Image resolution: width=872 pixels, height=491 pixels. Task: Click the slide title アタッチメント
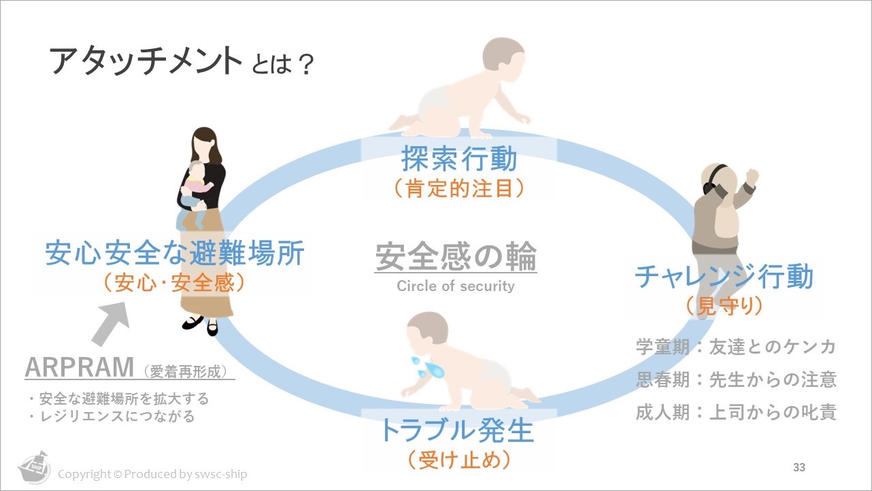[x=146, y=61]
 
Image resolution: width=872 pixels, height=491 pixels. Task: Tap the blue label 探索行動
[x=459, y=158]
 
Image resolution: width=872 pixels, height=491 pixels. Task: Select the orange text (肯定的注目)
[x=459, y=188]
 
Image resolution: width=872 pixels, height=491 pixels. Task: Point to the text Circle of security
[x=456, y=286]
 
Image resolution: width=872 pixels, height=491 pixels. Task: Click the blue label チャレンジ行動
[x=724, y=276]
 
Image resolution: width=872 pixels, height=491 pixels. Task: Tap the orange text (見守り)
[x=724, y=306]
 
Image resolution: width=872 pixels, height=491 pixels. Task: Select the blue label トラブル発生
[x=458, y=430]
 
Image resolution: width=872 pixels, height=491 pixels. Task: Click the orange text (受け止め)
[x=459, y=460]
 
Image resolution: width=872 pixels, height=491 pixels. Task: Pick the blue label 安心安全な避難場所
[x=175, y=253]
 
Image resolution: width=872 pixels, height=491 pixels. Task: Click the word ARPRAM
[x=80, y=367]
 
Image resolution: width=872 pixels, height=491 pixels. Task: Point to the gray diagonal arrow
[x=112, y=323]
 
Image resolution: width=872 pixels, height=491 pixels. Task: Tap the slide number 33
[x=799, y=467]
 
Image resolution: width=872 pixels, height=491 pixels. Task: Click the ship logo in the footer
[x=35, y=467]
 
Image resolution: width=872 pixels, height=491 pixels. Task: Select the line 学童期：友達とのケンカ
[x=736, y=346]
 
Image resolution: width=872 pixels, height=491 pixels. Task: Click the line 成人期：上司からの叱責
[x=736, y=412]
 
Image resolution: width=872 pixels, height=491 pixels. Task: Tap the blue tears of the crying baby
[x=427, y=367]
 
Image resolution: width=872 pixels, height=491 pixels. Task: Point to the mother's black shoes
[x=200, y=326]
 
